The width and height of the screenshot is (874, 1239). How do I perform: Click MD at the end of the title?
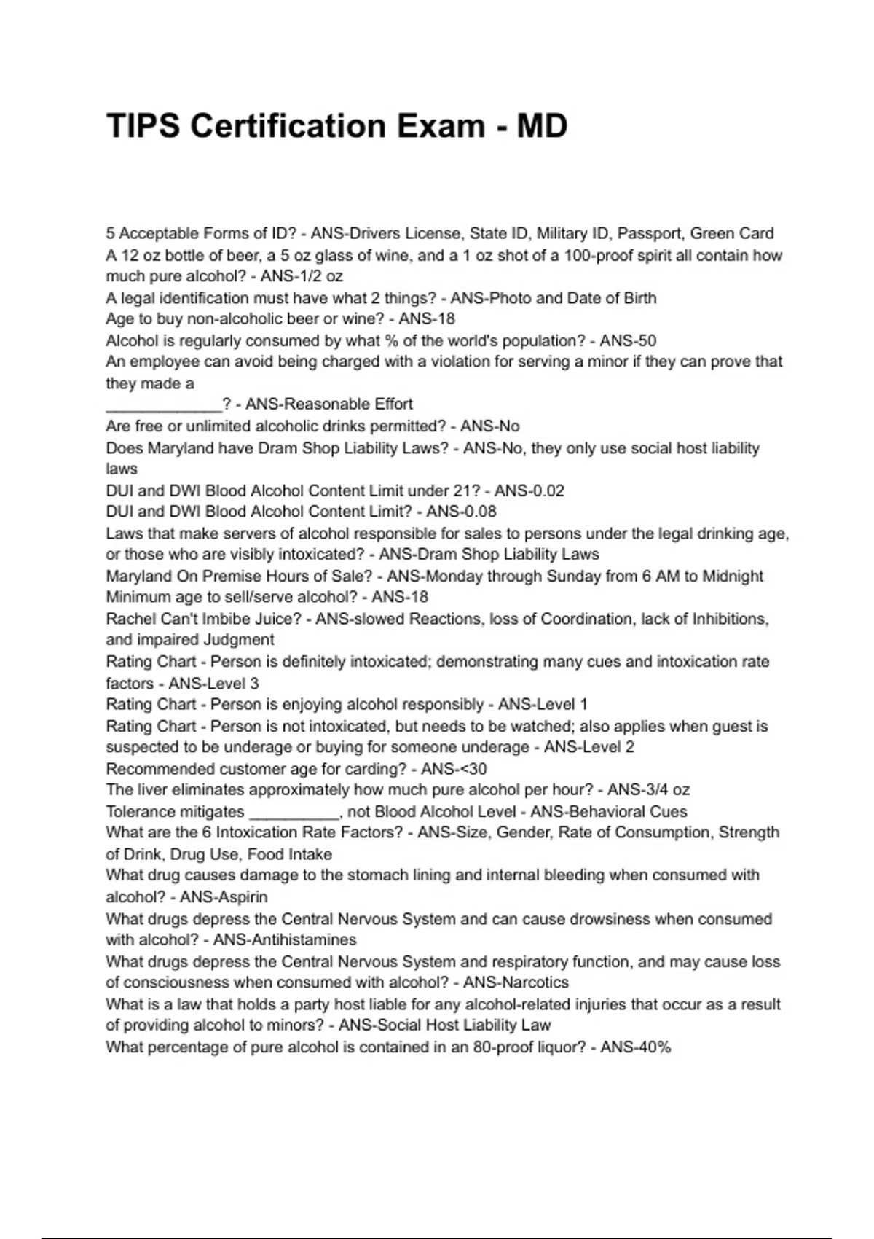click(x=542, y=126)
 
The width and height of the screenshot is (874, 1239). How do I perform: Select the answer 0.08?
click(x=478, y=512)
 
